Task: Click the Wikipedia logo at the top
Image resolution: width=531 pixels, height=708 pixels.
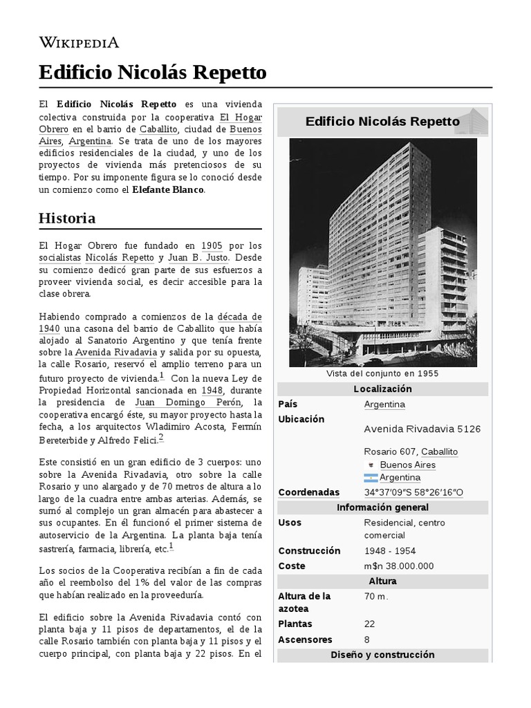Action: pos(79,43)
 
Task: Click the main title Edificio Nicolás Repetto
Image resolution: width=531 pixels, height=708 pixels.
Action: pos(151,73)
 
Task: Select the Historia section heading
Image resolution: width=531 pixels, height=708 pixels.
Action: pos(67,218)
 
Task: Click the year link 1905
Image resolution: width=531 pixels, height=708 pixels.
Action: pos(212,245)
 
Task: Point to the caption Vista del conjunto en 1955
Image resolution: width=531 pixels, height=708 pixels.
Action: pos(382,373)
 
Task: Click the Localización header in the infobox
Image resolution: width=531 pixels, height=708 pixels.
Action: pos(382,389)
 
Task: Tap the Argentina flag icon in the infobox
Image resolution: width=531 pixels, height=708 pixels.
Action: pos(371,478)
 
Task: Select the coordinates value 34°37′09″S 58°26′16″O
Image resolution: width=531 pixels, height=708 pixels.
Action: pos(413,492)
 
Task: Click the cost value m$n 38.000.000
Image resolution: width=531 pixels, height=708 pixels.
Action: pos(398,566)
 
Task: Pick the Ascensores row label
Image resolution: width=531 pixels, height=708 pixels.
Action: pos(305,640)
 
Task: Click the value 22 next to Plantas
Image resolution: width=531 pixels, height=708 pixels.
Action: pos(370,623)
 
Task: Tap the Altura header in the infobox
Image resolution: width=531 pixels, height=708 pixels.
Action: pos(382,581)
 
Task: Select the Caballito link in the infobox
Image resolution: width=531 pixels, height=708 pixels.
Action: pos(439,451)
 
